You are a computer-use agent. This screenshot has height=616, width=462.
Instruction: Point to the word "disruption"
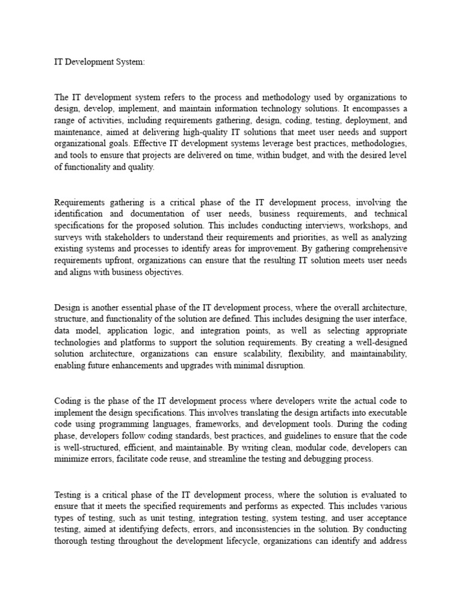point(286,366)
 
